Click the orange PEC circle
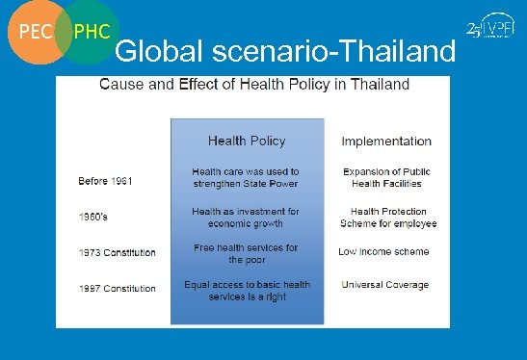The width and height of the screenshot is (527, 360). pyautogui.click(x=33, y=33)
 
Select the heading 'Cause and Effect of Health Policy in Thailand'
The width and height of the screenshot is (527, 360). pyautogui.click(x=254, y=84)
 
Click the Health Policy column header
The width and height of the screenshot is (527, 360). pyautogui.click(x=247, y=141)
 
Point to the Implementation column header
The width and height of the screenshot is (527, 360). pyautogui.click(x=386, y=141)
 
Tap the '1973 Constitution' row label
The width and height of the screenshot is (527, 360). pyautogui.click(x=117, y=252)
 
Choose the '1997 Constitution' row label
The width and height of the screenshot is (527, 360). pyautogui.click(x=117, y=288)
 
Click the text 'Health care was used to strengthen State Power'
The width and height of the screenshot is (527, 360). pyautogui.click(x=247, y=177)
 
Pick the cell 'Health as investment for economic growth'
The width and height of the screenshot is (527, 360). pyautogui.click(x=247, y=217)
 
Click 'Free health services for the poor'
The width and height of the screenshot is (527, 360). pyautogui.click(x=247, y=253)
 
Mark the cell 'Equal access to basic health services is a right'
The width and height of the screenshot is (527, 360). pyautogui.click(x=247, y=290)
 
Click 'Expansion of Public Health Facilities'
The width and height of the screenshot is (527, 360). pyautogui.click(x=386, y=177)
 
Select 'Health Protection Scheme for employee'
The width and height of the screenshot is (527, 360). pyautogui.click(x=387, y=217)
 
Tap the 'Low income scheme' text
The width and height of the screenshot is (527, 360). pyautogui.click(x=383, y=251)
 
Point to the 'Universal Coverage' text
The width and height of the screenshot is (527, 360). pyautogui.click(x=385, y=285)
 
